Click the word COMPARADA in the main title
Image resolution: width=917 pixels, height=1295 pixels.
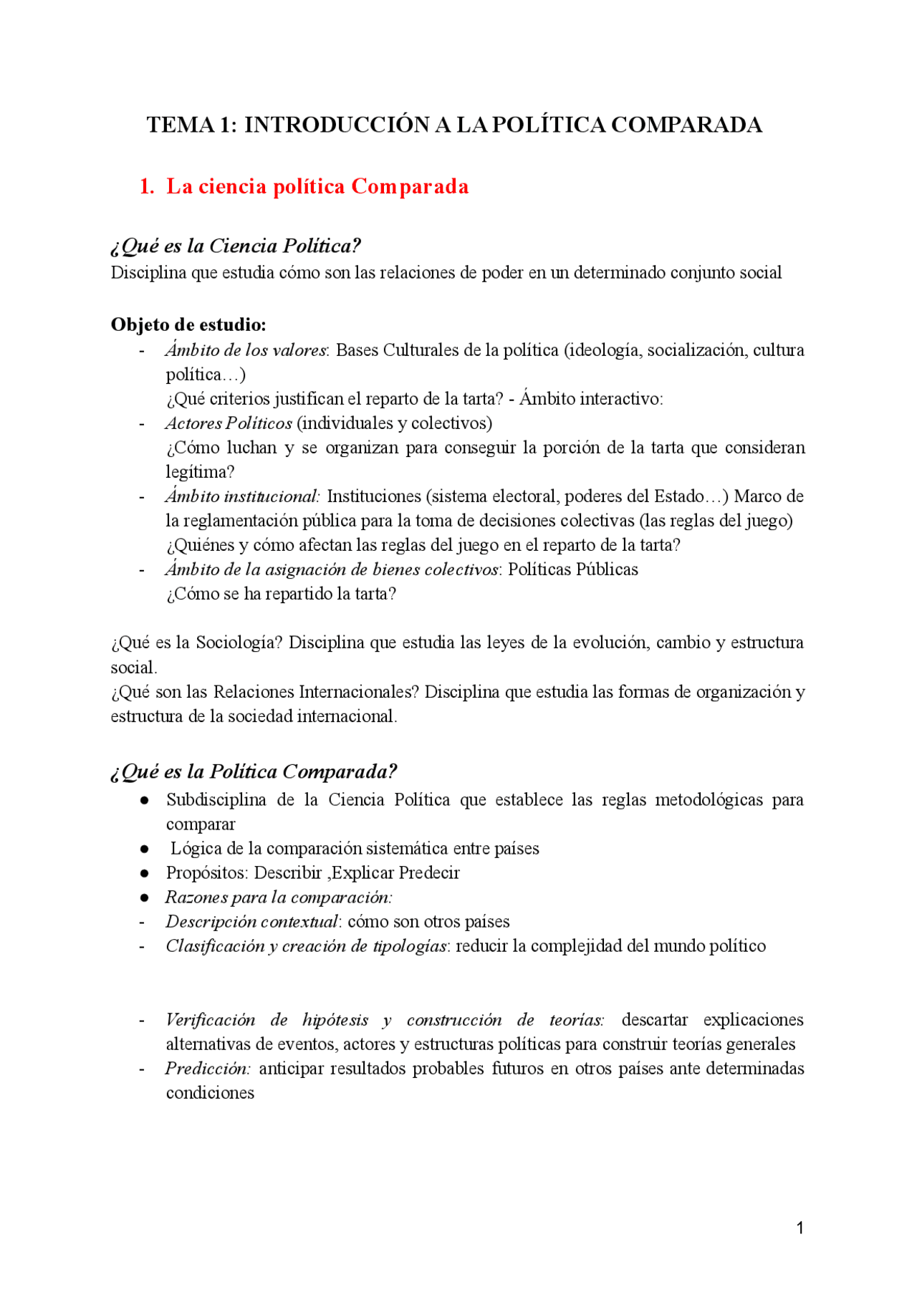pos(686,125)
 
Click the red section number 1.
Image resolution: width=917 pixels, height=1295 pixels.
pos(146,187)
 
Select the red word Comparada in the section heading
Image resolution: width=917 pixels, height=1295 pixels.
pos(410,187)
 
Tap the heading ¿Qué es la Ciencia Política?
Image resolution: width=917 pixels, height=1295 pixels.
pos(236,246)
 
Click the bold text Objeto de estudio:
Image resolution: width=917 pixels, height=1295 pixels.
pos(188,324)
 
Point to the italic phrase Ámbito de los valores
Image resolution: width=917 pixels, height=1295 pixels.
pos(246,350)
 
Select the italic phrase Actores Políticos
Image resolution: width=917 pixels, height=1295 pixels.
pos(229,423)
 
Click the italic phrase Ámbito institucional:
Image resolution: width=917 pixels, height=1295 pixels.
pos(242,496)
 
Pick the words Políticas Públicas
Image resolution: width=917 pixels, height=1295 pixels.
pos(573,569)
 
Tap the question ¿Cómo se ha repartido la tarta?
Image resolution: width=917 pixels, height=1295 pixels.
pos(281,594)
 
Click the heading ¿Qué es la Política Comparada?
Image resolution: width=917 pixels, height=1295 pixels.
pos(254,771)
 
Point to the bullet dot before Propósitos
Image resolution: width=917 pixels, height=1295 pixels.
pos(145,874)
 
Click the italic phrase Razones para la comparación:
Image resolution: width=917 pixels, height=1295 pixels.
pos(279,897)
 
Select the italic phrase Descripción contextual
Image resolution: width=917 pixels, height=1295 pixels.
pos(251,922)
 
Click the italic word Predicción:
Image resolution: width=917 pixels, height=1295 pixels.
pos(208,1069)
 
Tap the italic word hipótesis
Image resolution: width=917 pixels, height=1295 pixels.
pos(335,1020)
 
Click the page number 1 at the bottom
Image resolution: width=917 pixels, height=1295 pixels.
pos(800,1228)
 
